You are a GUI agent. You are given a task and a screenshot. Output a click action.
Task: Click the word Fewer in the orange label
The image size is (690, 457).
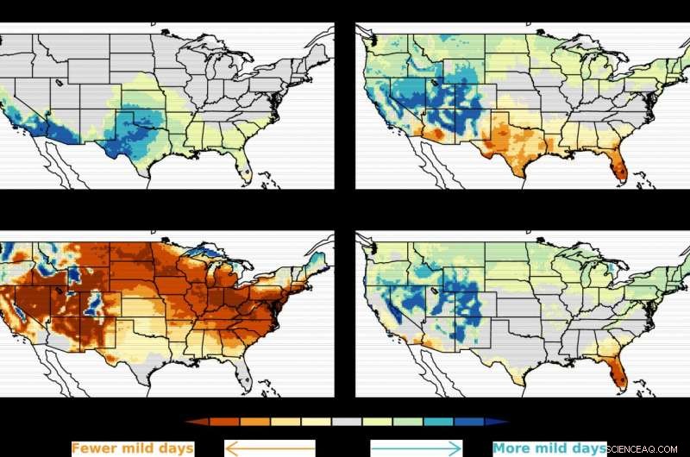(x=94, y=448)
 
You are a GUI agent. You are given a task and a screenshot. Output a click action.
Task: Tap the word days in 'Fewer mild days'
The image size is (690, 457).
(x=173, y=448)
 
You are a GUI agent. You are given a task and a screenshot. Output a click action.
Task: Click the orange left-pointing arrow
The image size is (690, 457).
(x=270, y=448)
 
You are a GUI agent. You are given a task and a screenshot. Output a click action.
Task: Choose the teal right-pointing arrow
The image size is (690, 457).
(x=417, y=448)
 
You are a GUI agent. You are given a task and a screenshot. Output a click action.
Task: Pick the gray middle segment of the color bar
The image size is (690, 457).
(x=347, y=422)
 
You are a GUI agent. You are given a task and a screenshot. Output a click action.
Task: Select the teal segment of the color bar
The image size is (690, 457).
(x=438, y=422)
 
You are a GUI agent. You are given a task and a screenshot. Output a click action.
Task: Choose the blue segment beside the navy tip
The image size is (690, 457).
(x=469, y=422)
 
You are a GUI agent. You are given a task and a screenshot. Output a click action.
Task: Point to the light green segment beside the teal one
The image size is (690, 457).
(x=408, y=422)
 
